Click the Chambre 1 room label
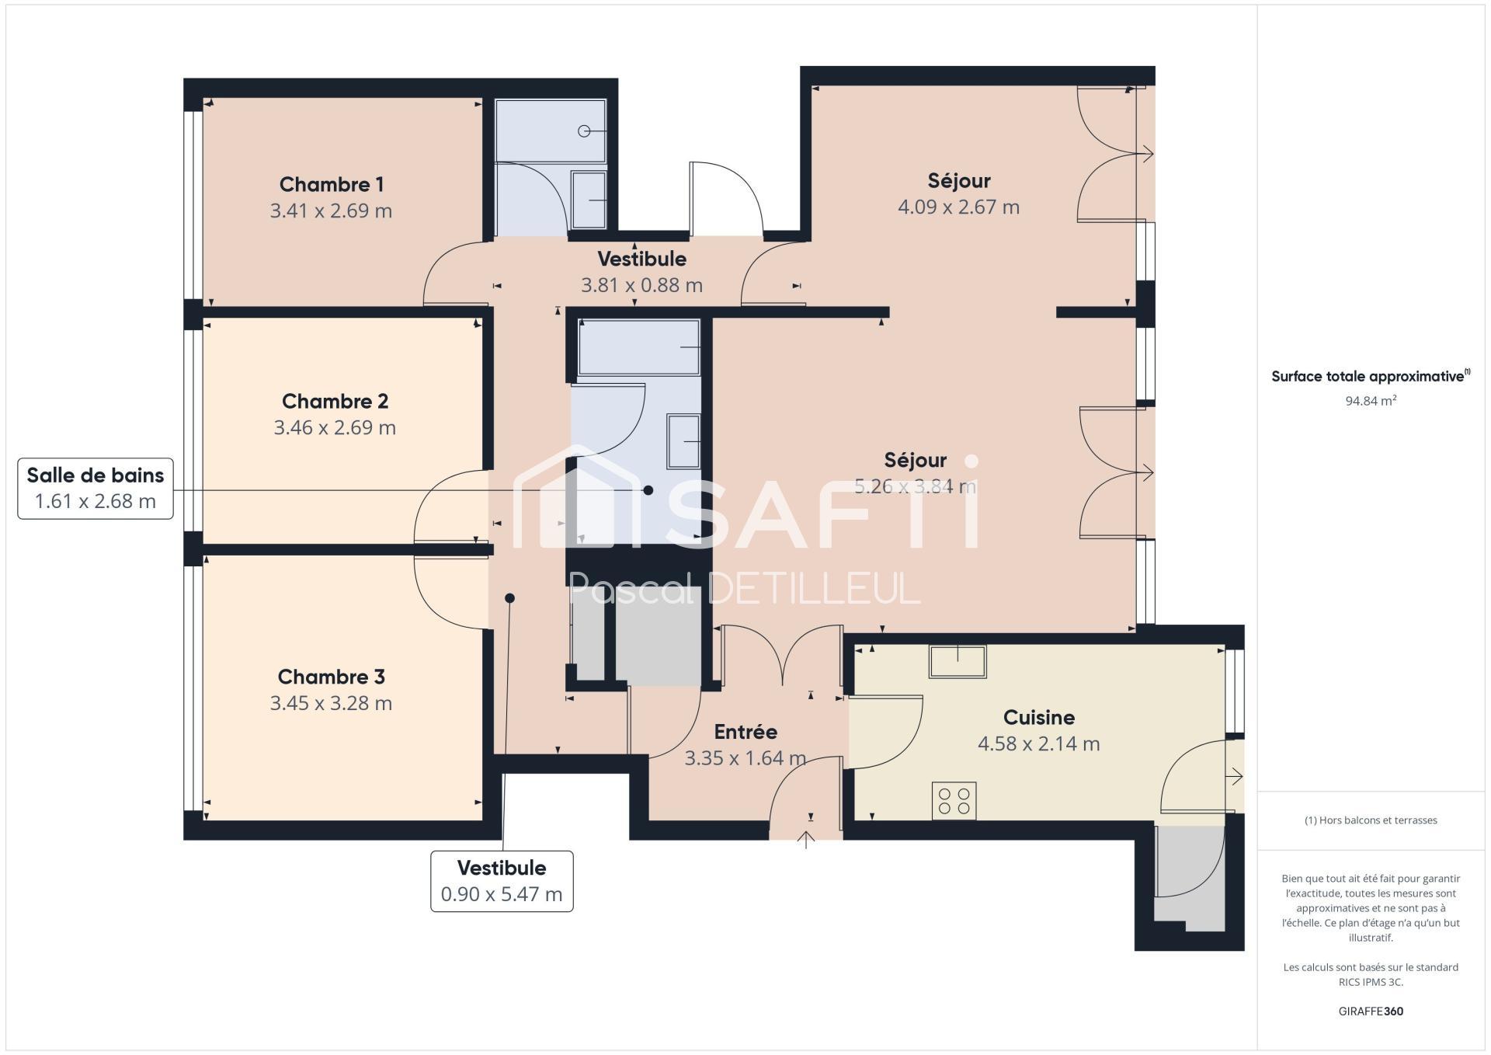[x=332, y=184]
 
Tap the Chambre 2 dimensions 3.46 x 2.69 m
[x=335, y=427]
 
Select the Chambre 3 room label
[x=332, y=677]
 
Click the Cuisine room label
[x=1039, y=717]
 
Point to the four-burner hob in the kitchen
[x=954, y=801]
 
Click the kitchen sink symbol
[x=958, y=662]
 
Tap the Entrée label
[x=745, y=732]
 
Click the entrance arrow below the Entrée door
[x=806, y=840]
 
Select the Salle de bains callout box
[x=96, y=489]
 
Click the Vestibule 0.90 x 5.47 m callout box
[x=502, y=881]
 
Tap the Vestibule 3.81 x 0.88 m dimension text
[x=642, y=285]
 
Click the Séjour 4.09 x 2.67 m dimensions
[x=959, y=207]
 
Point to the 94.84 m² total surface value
[x=1371, y=401]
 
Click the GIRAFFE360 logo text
[x=1371, y=1011]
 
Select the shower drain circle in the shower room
[x=584, y=131]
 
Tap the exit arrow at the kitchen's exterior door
[x=1234, y=776]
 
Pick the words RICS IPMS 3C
[x=1371, y=982]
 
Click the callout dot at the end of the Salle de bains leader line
[x=648, y=490]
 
